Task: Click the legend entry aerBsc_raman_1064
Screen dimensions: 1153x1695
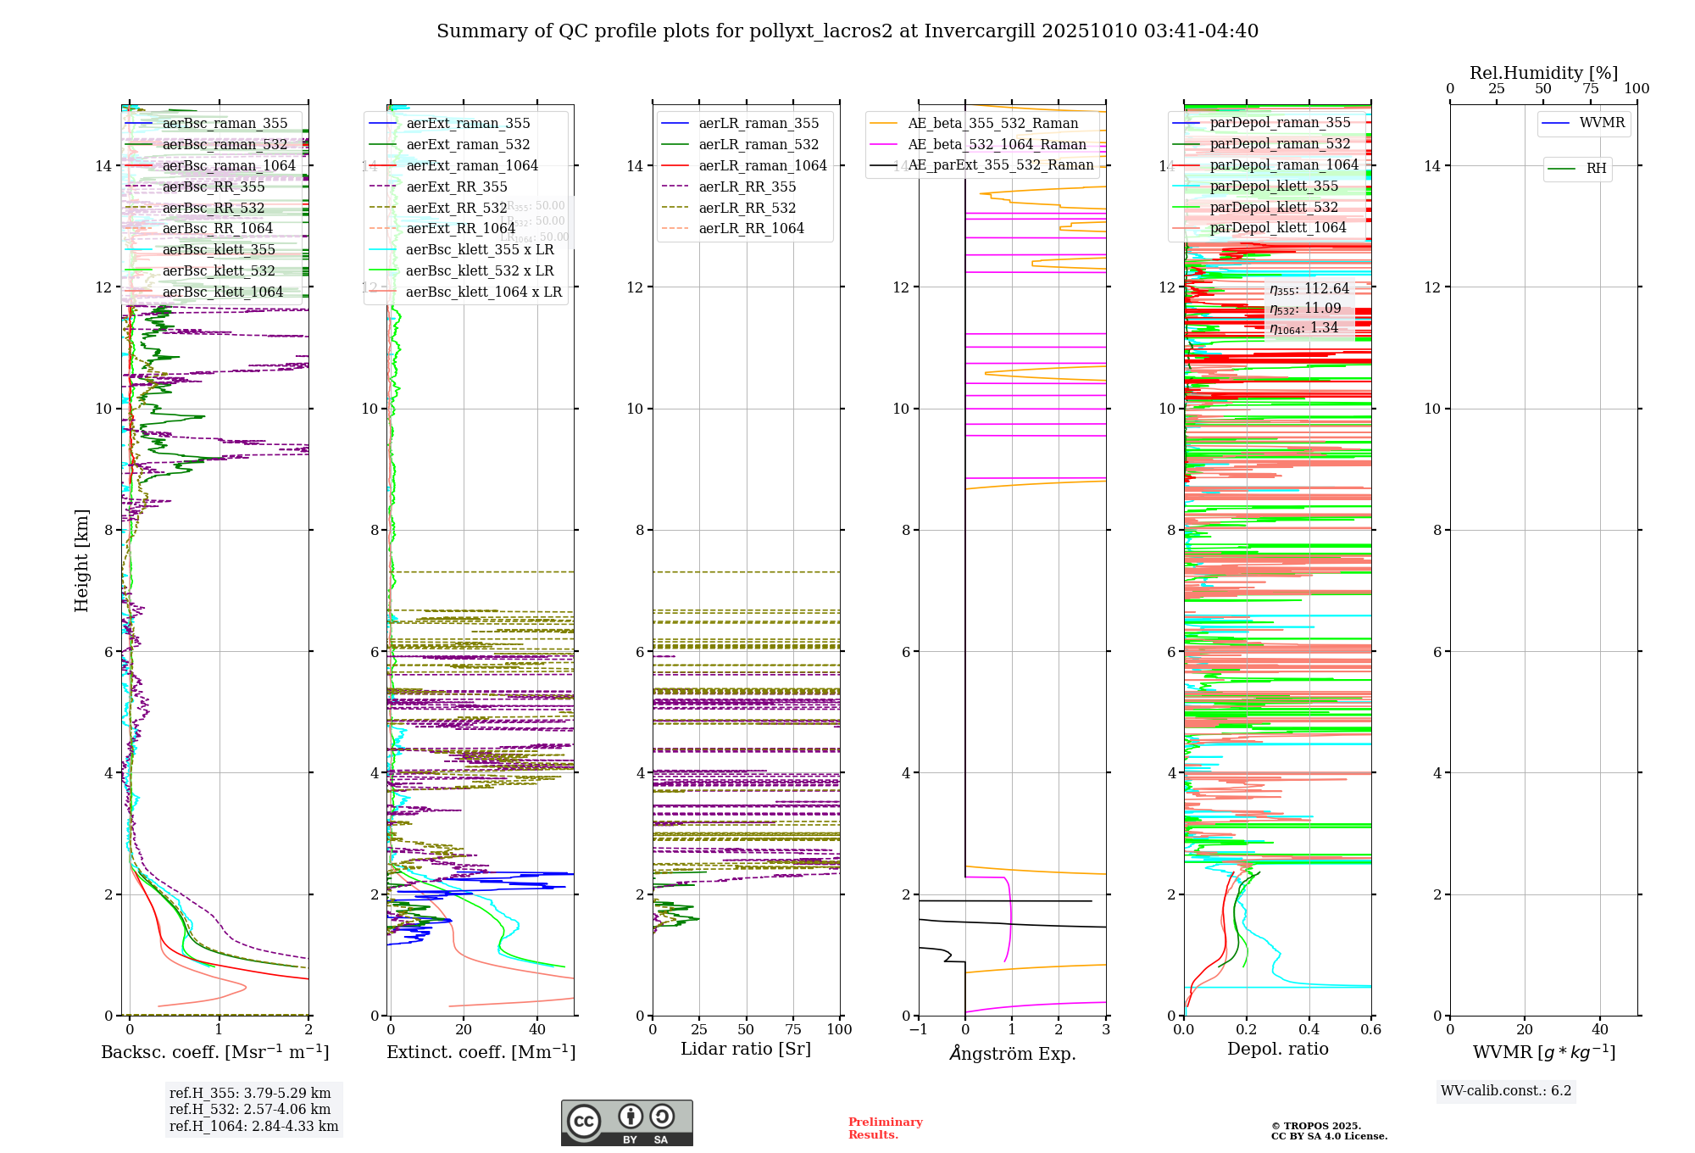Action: point(229,165)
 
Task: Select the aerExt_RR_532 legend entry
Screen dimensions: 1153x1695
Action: point(457,208)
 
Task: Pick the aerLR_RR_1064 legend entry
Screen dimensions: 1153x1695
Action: point(751,229)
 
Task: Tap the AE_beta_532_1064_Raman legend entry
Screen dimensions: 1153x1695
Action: point(997,144)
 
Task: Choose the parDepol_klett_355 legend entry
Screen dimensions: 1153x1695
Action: point(1274,187)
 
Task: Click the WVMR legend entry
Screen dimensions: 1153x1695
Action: point(1602,123)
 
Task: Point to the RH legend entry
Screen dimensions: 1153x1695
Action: point(1596,169)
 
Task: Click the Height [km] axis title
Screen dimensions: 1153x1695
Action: point(81,560)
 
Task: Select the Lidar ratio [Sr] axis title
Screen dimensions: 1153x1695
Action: point(746,1049)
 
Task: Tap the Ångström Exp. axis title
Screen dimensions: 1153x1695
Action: point(1012,1053)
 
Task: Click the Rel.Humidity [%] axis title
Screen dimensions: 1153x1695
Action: point(1543,73)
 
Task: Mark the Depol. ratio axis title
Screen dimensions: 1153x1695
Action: point(1277,1049)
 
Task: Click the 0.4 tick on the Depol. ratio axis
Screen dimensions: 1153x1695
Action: point(1309,1030)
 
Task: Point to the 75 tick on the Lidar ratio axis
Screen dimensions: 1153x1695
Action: point(793,1030)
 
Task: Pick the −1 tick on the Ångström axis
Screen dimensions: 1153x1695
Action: point(918,1030)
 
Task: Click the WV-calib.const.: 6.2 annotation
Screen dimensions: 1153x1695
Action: point(1506,1091)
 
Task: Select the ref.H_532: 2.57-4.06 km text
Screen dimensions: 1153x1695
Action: point(250,1110)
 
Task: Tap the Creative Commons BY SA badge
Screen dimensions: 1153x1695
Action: point(626,1123)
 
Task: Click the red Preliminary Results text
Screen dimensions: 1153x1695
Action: point(885,1128)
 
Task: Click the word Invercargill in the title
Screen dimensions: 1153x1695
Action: point(980,31)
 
